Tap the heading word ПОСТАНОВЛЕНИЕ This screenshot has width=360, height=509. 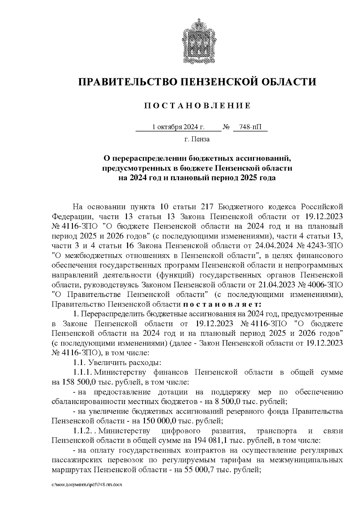pos(197,106)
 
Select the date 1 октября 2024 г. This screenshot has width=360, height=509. pos(178,127)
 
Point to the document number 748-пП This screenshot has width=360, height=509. pos(250,127)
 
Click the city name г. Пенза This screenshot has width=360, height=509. pos(197,139)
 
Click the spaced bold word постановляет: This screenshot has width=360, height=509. pos(222,304)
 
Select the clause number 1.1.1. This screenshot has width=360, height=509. pos(83,373)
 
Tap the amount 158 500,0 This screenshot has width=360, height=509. pos(77,382)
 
